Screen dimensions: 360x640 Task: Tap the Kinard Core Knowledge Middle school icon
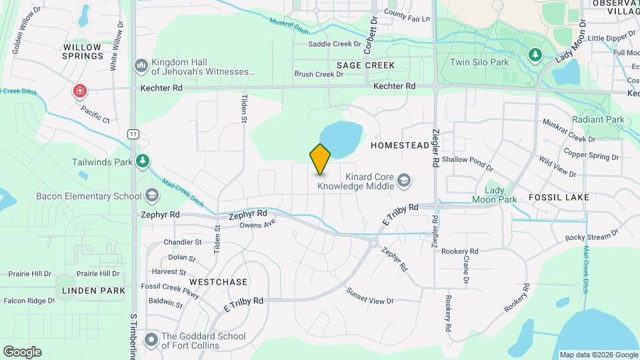pos(403,180)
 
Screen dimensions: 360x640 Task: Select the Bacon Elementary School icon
pos(152,195)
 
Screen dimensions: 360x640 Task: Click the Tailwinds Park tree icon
pos(141,161)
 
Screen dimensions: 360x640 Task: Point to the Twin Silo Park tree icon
pos(534,55)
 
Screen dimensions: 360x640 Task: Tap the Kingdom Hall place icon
pos(141,65)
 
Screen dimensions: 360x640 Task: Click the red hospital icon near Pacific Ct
pos(80,90)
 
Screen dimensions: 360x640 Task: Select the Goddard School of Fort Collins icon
pos(151,341)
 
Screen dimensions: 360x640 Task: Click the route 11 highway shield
pos(134,134)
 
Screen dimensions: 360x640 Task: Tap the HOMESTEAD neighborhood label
pos(400,145)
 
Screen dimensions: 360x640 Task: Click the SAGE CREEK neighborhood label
pos(365,65)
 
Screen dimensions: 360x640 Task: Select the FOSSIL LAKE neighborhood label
pos(559,197)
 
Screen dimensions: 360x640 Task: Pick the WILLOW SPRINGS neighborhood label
pos(83,51)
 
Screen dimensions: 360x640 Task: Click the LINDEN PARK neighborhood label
pos(94,291)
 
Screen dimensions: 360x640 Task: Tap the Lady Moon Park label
pos(495,195)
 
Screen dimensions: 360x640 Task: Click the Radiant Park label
pos(598,119)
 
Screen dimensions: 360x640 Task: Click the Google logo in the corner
pos(22,352)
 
